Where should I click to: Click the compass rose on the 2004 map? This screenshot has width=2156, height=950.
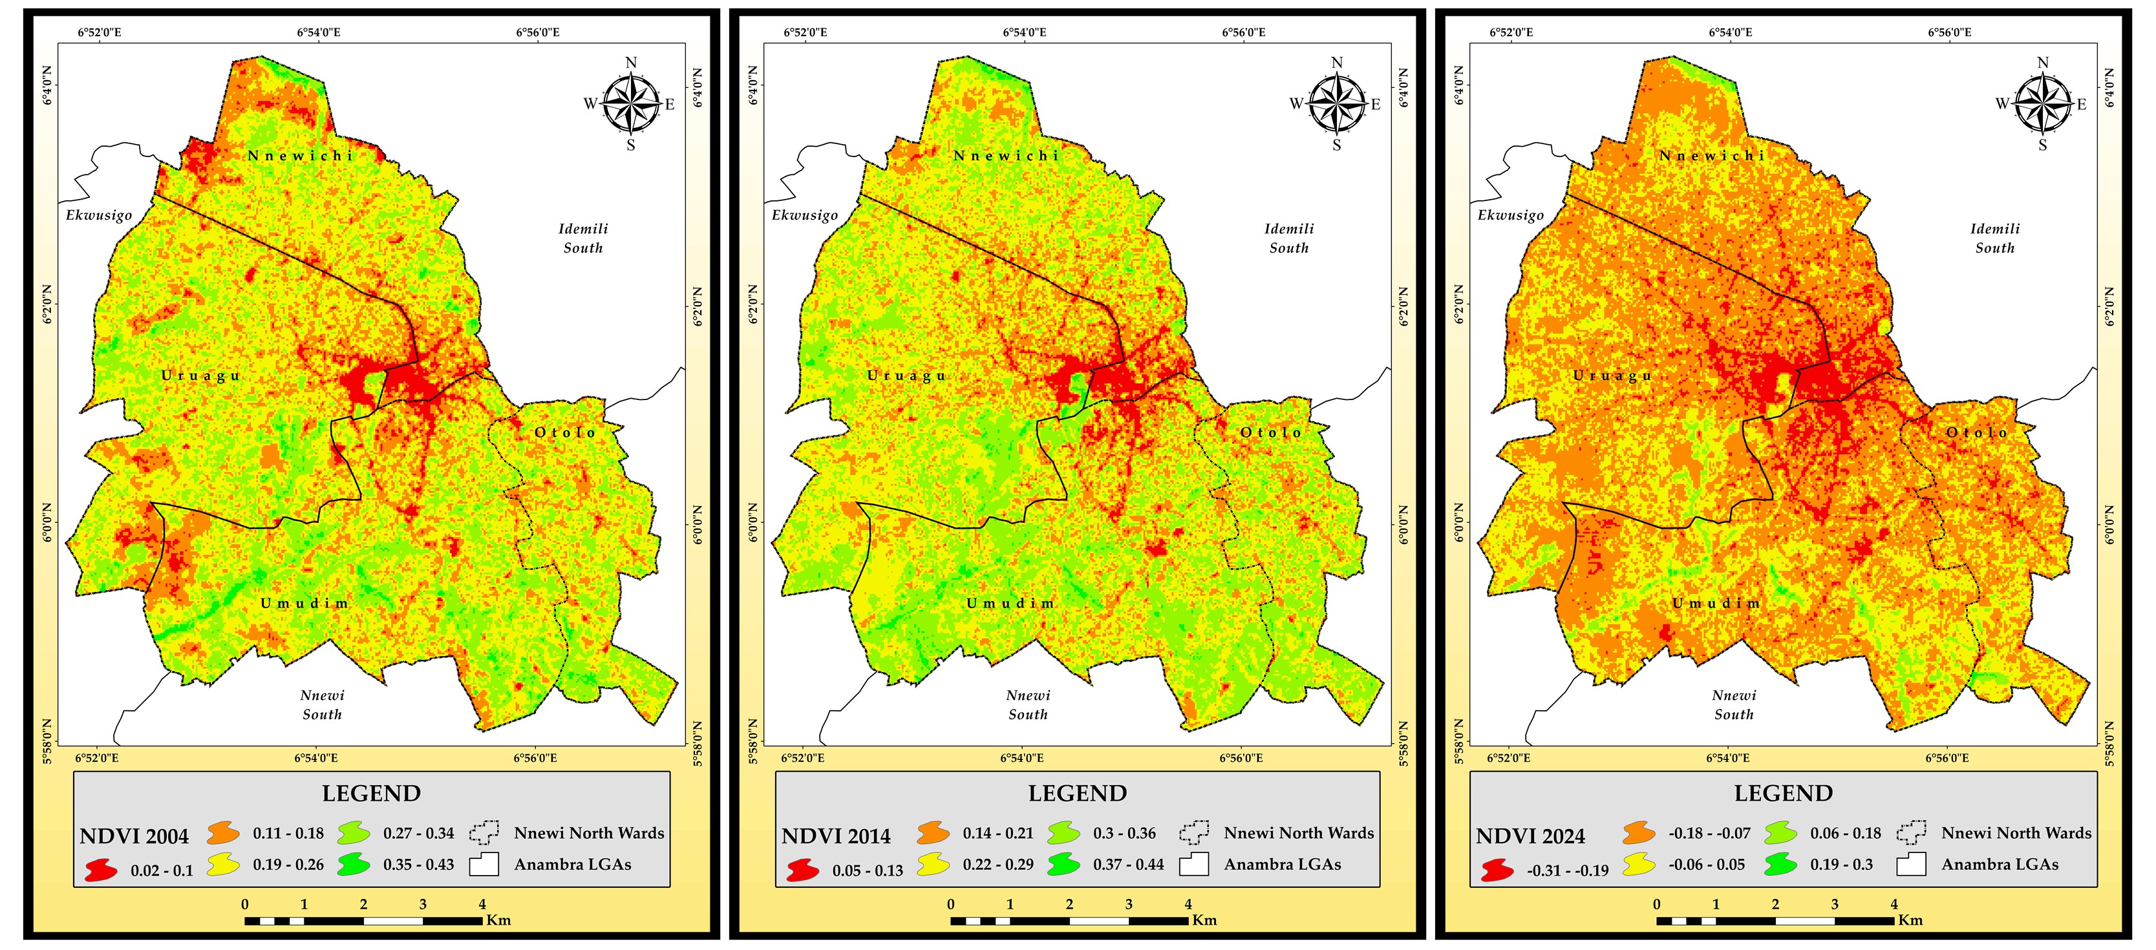click(631, 104)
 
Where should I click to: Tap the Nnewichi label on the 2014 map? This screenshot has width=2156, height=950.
click(1006, 156)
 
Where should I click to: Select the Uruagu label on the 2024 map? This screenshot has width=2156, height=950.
click(1612, 376)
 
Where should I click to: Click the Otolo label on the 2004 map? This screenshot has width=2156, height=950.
click(566, 433)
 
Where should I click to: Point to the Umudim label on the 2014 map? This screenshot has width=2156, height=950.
click(1010, 604)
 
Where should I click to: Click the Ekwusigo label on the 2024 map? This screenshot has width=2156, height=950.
click(1511, 215)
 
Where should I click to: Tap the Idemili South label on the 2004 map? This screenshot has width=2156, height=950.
click(583, 238)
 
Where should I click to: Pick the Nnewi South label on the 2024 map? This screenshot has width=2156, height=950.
click(1733, 705)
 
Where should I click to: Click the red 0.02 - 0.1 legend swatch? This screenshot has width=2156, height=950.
click(100, 871)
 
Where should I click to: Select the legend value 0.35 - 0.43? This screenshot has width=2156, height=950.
click(418, 865)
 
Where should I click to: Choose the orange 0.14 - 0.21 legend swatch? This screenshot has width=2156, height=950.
click(934, 833)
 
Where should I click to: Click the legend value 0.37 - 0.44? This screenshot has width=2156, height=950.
click(1128, 865)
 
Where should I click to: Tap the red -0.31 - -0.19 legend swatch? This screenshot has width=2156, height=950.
click(1497, 871)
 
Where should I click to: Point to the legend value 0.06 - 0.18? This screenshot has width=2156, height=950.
click(1846, 834)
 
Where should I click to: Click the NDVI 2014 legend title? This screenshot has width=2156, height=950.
click(835, 836)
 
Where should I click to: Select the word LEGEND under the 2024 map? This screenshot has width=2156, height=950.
click(1783, 794)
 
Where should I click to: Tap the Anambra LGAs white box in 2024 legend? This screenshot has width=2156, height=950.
click(1912, 864)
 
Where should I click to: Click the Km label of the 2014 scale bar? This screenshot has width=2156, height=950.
click(1204, 920)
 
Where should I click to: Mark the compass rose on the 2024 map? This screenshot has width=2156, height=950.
click(2043, 104)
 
